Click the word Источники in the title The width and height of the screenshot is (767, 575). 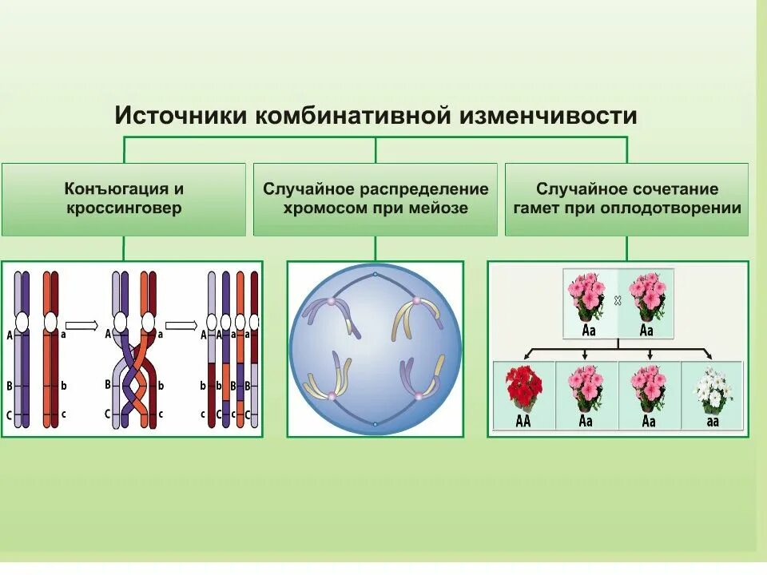point(181,116)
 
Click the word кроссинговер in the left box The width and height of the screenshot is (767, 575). point(124,208)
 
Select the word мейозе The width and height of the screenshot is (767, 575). point(439,208)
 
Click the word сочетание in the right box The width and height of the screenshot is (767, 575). point(676,189)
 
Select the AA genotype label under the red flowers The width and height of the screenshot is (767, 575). point(523,422)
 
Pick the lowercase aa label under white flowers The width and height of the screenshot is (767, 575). point(712,422)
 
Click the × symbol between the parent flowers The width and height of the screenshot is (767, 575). point(618,301)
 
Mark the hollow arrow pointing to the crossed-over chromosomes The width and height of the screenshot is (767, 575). point(81,325)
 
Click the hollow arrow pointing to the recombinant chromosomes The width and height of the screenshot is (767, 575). point(181,325)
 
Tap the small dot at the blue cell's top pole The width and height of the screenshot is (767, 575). point(376,274)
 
